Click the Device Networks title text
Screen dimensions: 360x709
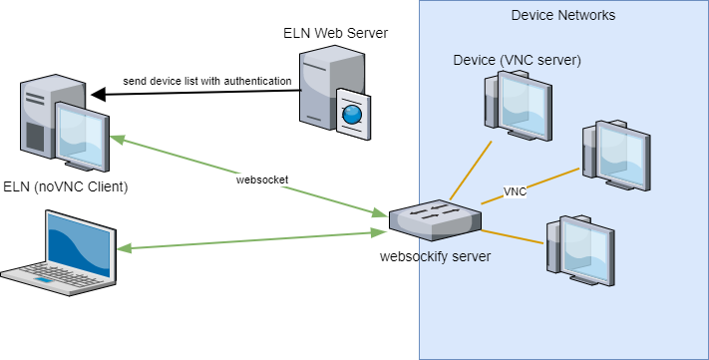[x=562, y=15]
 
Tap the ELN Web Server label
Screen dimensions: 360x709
[x=335, y=34]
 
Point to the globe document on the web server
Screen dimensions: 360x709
[x=350, y=113]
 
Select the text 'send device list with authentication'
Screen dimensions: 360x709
[x=206, y=80]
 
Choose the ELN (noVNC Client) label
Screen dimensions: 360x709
[x=66, y=186]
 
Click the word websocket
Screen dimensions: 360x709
[x=263, y=180]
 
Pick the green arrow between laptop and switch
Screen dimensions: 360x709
[x=249, y=240]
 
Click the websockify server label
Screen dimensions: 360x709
[x=435, y=255]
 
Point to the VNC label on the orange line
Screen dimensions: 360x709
[x=515, y=191]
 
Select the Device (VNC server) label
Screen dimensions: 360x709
[x=517, y=61]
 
